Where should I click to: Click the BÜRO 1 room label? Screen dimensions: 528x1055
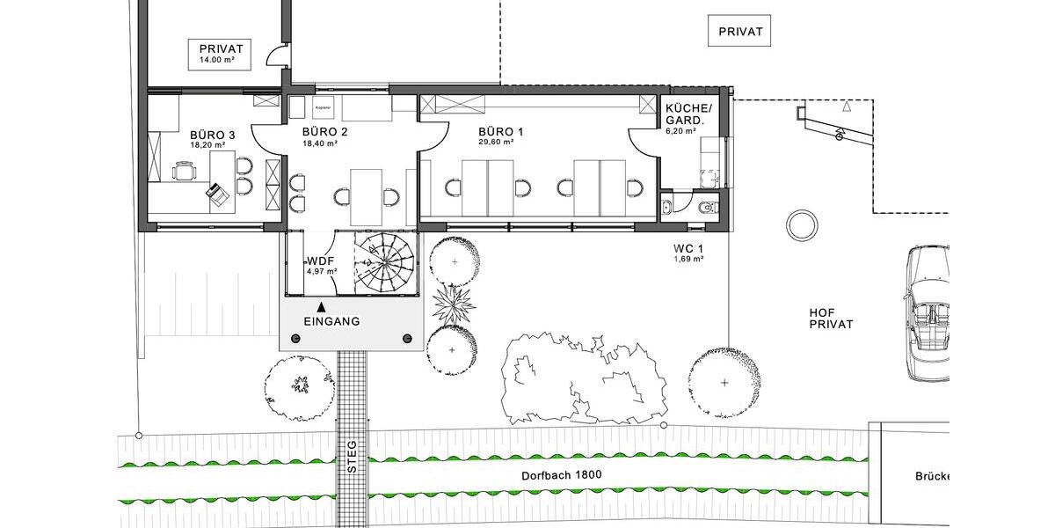500,132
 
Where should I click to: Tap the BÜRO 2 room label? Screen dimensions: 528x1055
325,132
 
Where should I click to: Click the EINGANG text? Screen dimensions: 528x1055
331,322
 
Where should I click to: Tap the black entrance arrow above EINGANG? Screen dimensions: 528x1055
323,306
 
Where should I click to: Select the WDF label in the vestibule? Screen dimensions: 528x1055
320,261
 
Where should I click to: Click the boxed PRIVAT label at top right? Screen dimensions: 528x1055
739,32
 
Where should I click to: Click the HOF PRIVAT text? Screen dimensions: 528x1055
830,318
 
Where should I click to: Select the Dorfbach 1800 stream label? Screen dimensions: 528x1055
559,474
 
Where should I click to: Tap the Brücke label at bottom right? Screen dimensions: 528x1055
933,477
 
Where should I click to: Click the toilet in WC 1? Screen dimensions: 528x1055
706,208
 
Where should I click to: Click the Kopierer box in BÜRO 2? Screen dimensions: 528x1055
322,107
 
